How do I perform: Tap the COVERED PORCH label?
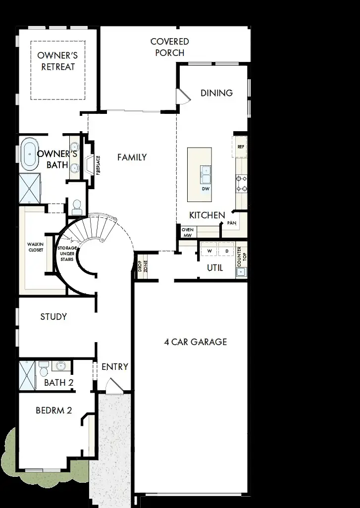click(169, 47)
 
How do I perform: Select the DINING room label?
click(216, 93)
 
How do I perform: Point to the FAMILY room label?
click(132, 157)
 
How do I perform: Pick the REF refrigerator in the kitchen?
click(241, 147)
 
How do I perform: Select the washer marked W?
click(209, 251)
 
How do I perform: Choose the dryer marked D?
click(226, 251)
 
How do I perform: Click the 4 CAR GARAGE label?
click(195, 342)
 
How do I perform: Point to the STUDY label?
click(53, 316)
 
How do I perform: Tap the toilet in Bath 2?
click(43, 369)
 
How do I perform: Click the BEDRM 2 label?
click(54, 410)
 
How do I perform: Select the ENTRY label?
click(114, 367)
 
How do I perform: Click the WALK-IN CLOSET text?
click(35, 247)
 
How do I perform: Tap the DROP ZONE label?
click(139, 267)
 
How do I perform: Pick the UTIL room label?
click(215, 268)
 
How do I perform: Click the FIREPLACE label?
click(98, 164)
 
